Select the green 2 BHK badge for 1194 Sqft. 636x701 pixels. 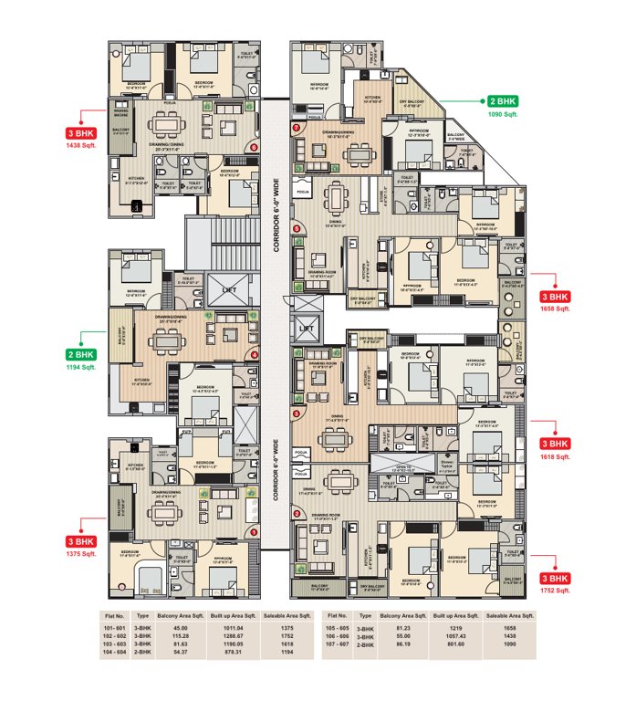click(81, 354)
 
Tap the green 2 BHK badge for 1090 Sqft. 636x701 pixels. click(503, 101)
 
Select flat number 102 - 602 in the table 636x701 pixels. click(114, 637)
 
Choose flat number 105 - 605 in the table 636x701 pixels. click(338, 629)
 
